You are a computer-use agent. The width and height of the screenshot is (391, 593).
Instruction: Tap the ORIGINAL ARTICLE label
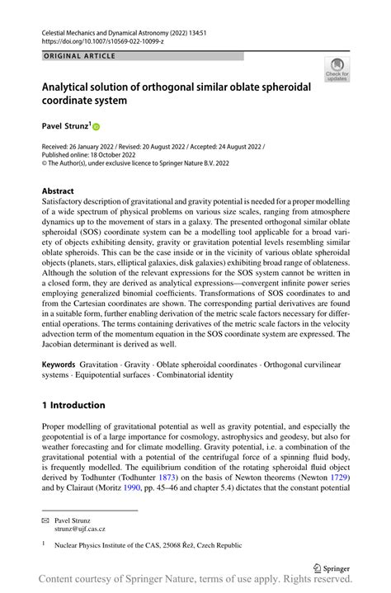pyautogui.click(x=79, y=56)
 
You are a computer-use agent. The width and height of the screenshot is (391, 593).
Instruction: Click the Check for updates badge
pyautogui.click(x=337, y=69)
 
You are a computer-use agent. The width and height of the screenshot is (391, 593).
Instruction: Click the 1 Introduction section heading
pyautogui.click(x=73, y=405)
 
